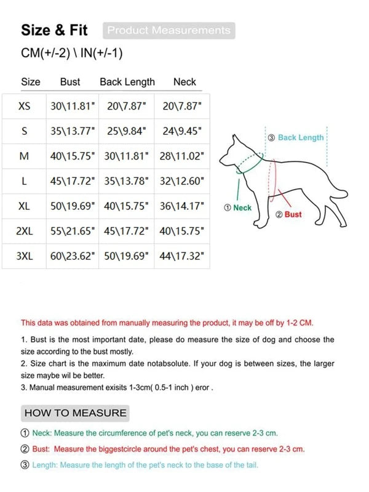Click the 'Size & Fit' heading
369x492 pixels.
54,30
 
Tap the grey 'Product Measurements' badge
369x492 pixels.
169,30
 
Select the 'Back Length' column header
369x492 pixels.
127,82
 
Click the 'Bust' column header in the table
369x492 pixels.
70,82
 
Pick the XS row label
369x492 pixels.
24,106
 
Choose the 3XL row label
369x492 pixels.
24,256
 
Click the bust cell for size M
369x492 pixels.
73,156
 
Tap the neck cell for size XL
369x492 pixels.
181,206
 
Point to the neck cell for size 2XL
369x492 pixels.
181,232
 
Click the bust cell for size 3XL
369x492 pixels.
73,256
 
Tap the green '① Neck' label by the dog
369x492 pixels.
238,208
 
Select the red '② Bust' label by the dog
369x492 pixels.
288,214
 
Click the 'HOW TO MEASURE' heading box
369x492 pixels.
75,413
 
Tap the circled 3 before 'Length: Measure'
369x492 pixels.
25,465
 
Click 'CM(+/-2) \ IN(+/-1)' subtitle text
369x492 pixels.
72,54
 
